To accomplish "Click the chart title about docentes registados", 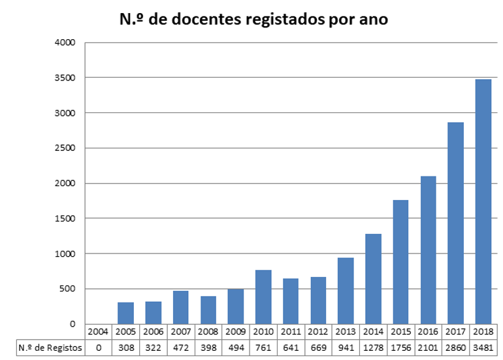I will pos(253,19).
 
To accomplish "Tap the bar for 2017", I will pos(455,223).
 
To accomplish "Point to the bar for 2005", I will pos(125,313).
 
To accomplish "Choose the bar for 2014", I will pos(373,278).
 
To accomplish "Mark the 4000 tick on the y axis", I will pos(67,43).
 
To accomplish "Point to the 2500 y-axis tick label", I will pos(67,148).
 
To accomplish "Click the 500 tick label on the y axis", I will pos(70,289).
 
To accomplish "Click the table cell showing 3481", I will pos(483,348).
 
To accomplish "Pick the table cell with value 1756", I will pos(400,348).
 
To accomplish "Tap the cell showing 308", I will pos(125,348).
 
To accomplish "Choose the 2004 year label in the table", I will pos(98,333).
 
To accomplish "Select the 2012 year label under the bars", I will pos(318,333).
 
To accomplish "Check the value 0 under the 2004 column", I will pos(98,348).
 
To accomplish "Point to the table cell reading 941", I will pos(346,348).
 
